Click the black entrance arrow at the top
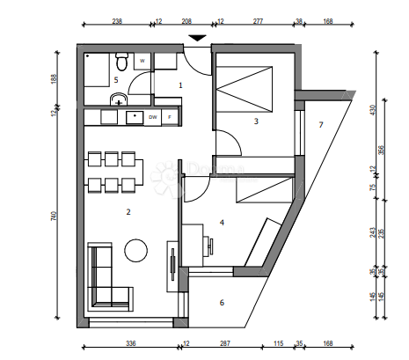[199, 38]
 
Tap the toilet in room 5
[122, 63]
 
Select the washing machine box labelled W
[142, 62]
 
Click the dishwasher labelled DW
[153, 116]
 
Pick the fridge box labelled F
[170, 116]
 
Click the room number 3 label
[256, 121]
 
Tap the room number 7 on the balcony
[321, 125]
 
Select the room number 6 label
[221, 303]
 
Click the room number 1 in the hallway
[180, 85]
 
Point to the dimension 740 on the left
[55, 217]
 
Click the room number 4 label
[222, 222]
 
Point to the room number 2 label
[128, 212]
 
